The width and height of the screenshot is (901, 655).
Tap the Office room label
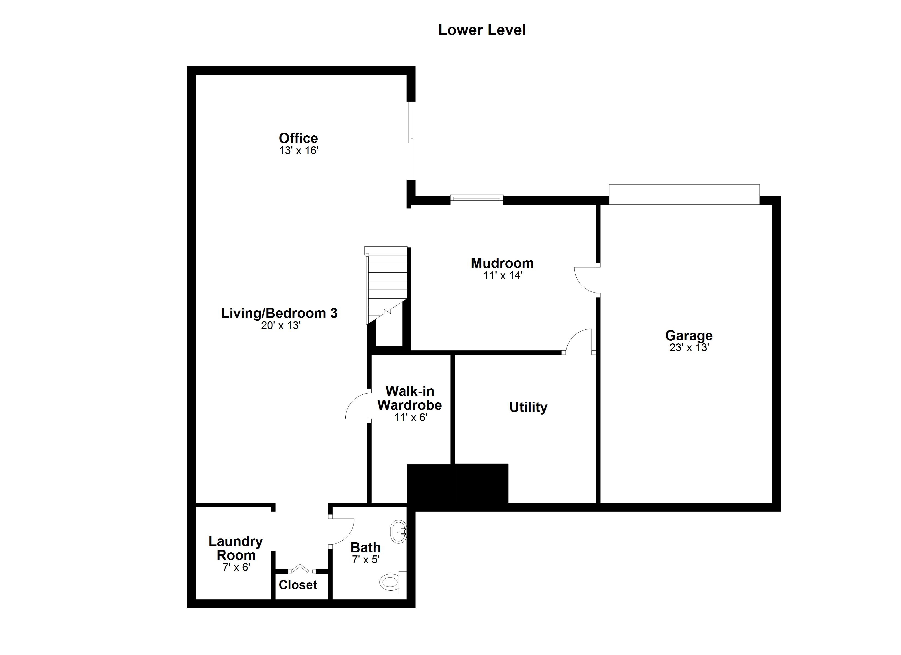pyautogui.click(x=298, y=138)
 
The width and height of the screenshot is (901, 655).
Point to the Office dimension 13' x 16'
pyautogui.click(x=299, y=151)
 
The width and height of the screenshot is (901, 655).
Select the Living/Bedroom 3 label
pyautogui.click(x=279, y=313)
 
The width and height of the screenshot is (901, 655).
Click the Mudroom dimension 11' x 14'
pyautogui.click(x=503, y=275)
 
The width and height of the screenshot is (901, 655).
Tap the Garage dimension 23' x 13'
pyautogui.click(x=689, y=347)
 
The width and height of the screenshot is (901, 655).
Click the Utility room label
pyautogui.click(x=528, y=407)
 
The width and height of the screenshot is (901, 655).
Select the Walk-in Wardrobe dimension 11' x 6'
pyautogui.click(x=411, y=418)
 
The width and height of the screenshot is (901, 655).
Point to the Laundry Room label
pyautogui.click(x=236, y=548)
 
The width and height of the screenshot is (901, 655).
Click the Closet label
pyautogui.click(x=298, y=585)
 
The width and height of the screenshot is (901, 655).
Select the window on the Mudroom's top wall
pyautogui.click(x=477, y=200)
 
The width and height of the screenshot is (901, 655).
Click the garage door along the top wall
pyautogui.click(x=684, y=195)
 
